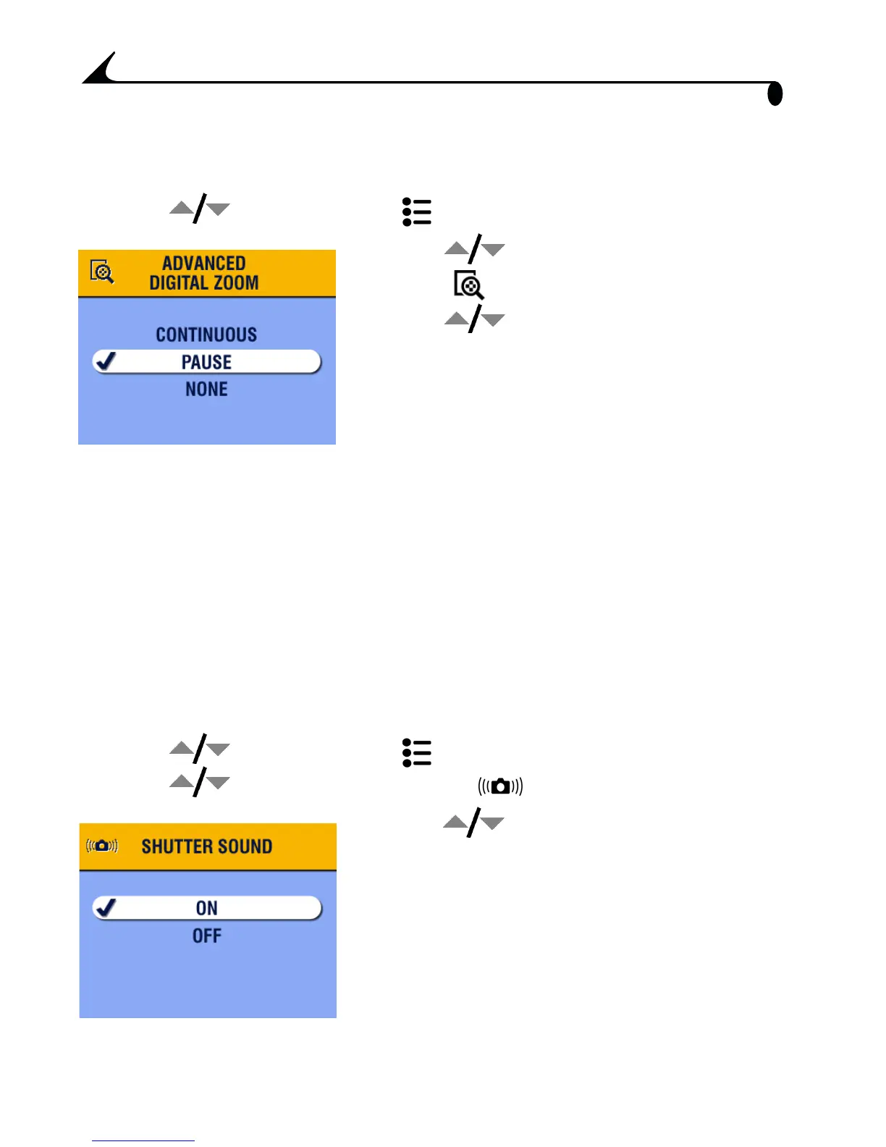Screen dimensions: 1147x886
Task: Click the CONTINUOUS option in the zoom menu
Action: [x=206, y=335]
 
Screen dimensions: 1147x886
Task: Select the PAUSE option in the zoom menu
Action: [x=206, y=362]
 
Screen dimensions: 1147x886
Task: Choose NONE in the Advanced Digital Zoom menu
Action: [x=206, y=390]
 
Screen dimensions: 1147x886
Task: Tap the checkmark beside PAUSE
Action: [x=107, y=361]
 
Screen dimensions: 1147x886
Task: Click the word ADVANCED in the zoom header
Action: [x=204, y=263]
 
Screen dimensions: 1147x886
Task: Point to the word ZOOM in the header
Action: [x=236, y=282]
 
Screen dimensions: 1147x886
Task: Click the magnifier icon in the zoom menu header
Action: [x=102, y=272]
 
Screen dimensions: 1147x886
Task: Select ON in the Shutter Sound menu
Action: [x=206, y=908]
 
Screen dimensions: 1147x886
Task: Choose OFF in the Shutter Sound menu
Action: [x=206, y=936]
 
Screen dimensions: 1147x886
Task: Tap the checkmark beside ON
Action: [x=107, y=907]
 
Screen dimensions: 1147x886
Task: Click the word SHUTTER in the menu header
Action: [x=174, y=846]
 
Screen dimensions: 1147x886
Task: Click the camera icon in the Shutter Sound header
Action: [x=102, y=846]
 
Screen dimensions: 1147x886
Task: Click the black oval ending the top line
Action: [x=775, y=94]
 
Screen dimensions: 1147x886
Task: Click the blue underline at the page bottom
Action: [x=143, y=1140]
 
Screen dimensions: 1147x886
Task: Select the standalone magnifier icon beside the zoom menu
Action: [x=469, y=285]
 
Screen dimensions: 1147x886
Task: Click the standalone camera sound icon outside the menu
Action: [x=500, y=786]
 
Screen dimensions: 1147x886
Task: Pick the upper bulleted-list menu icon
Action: [x=417, y=212]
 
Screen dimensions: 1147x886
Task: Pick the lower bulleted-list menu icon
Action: [x=417, y=753]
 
